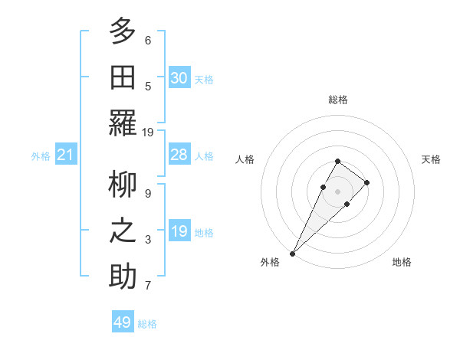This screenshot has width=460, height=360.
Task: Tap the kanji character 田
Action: (x=123, y=77)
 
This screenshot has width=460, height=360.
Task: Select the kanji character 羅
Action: (x=123, y=123)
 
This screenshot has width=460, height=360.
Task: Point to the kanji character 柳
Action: (x=123, y=184)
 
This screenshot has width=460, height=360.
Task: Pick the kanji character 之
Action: (x=123, y=230)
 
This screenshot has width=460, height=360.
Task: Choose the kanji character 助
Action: (x=123, y=276)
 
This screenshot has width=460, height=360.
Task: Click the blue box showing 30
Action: (x=179, y=78)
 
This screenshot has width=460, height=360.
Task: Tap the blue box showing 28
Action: (x=179, y=155)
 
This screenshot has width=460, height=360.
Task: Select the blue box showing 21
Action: (x=66, y=155)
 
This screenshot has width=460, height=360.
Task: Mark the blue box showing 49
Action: (x=123, y=322)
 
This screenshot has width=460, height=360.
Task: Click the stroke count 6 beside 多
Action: (x=148, y=40)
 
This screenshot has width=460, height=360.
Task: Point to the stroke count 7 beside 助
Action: (x=148, y=286)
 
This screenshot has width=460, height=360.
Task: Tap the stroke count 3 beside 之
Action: (x=148, y=240)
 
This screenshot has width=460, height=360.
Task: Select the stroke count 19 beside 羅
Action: (x=148, y=132)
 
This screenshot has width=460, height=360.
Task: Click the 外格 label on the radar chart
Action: (x=270, y=262)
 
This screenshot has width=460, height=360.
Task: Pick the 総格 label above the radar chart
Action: (x=338, y=100)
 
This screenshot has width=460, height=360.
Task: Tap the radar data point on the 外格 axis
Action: (x=293, y=253)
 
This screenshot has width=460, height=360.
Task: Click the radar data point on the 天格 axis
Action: (x=367, y=182)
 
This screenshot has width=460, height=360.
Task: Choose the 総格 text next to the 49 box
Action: (x=147, y=324)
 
